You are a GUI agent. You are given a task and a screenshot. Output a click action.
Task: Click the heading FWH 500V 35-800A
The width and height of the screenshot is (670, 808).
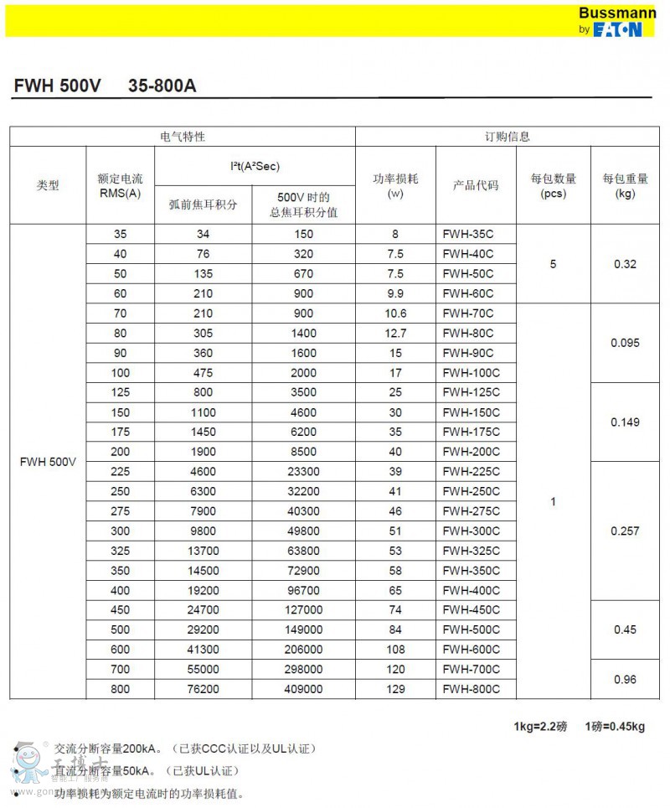click(x=105, y=86)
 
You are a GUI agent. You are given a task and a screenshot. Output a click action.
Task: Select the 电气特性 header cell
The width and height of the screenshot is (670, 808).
click(x=183, y=137)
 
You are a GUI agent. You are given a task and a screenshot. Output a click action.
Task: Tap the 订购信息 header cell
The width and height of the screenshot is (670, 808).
click(x=508, y=137)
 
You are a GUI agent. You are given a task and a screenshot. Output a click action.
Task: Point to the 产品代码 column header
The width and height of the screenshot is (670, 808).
click(x=476, y=185)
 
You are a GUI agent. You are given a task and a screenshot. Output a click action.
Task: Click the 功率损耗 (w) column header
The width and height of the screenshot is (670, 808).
click(x=395, y=185)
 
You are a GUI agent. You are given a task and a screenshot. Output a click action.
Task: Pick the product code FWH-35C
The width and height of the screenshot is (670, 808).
click(x=468, y=234)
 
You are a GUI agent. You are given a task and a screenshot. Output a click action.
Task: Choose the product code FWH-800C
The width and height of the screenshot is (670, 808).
click(x=471, y=689)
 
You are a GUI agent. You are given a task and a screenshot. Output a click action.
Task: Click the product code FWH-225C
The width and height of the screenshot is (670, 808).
click(x=471, y=471)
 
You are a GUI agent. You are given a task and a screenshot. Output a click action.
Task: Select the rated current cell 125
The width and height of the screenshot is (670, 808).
click(x=121, y=392)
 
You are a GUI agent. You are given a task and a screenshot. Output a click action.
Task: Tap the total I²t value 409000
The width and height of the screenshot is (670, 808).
click(x=303, y=689)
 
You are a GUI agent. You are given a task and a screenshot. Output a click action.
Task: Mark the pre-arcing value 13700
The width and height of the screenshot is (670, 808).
click(x=203, y=551)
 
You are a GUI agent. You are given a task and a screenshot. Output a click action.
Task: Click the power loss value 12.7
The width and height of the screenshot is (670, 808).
click(x=395, y=333)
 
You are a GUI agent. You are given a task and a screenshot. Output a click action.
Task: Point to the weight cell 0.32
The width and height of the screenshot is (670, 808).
click(x=625, y=264)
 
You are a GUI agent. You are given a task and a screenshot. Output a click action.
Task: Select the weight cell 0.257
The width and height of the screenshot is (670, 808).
click(x=625, y=531)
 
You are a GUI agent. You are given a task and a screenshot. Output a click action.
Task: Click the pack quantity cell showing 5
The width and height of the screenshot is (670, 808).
click(x=553, y=264)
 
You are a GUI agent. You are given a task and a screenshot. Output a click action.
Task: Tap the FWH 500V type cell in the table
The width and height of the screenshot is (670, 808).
click(x=48, y=462)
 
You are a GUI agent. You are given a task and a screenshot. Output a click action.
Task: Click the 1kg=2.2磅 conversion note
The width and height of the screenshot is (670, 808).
click(x=540, y=727)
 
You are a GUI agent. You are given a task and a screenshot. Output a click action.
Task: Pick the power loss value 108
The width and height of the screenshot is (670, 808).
click(x=395, y=650)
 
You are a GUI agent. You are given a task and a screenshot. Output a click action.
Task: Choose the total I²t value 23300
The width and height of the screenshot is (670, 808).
click(x=303, y=471)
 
